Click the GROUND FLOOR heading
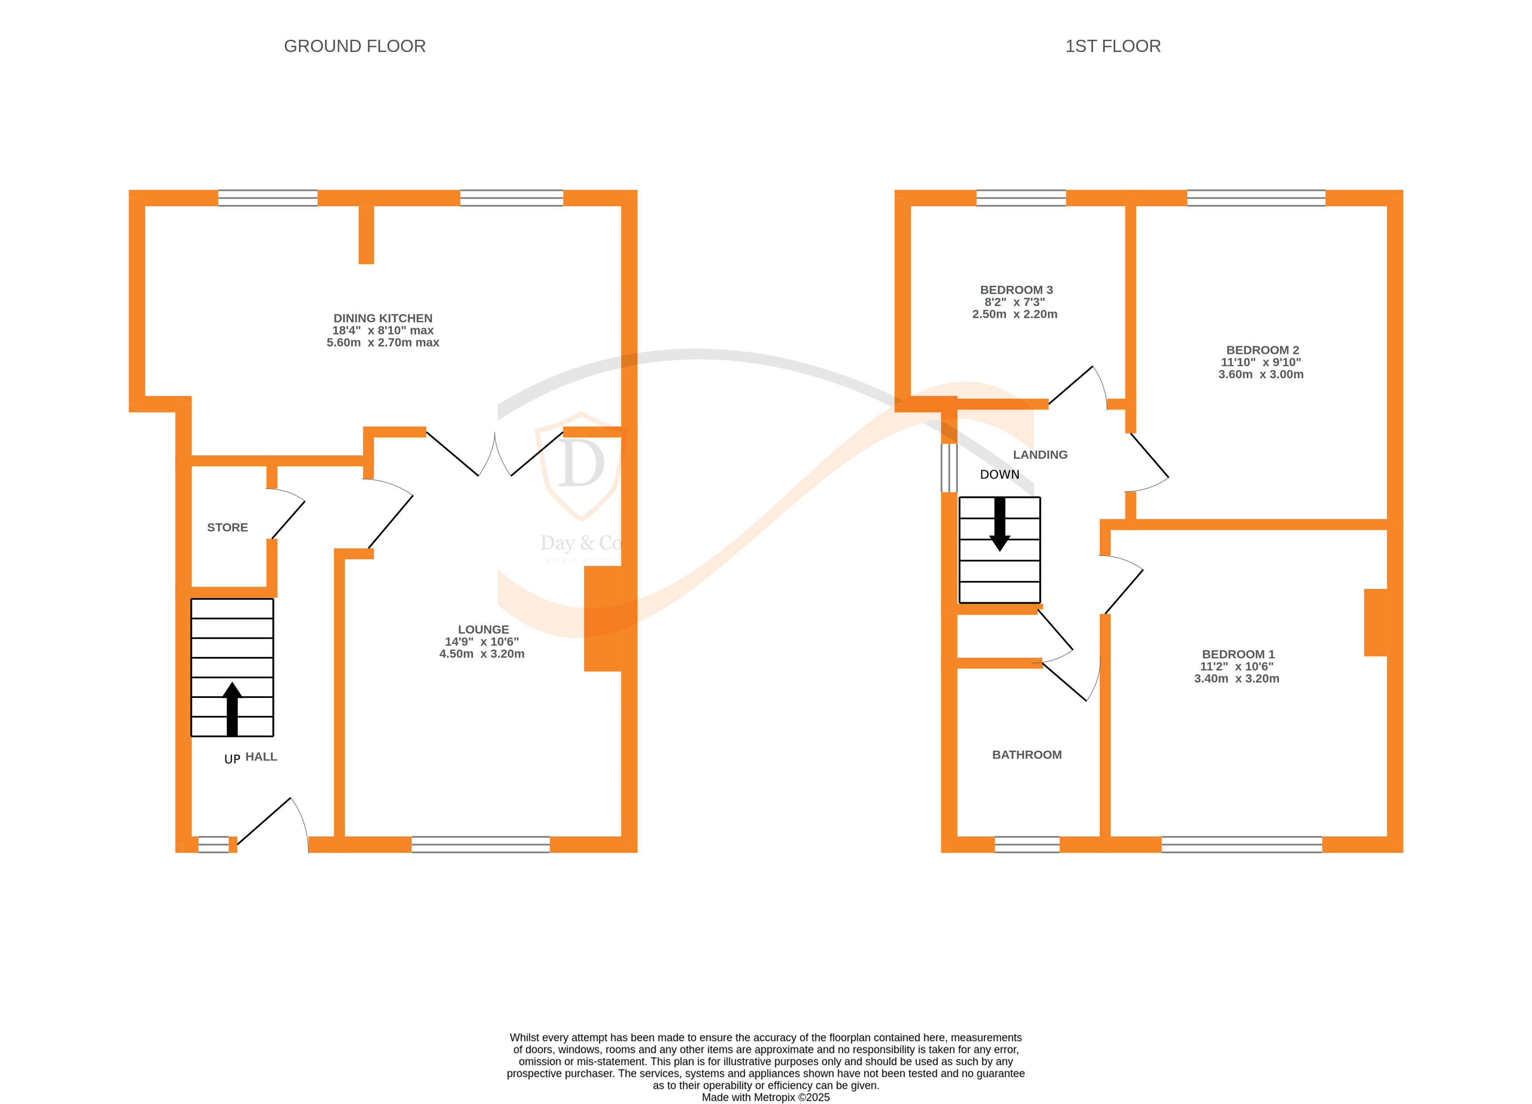coord(355,46)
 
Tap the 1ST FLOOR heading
coord(1113,46)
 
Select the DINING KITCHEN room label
coord(383,318)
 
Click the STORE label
coord(228,528)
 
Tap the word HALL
coord(261,757)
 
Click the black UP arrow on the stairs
coord(232,709)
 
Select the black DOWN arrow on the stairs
coord(1000,524)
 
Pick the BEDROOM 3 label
coord(1017,290)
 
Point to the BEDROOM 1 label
coord(1238,654)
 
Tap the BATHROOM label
coord(1027,755)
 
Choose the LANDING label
coord(1040,455)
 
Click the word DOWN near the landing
coord(1000,474)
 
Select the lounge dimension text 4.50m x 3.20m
coord(482,654)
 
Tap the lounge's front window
coord(480,844)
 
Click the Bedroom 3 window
coord(1021,198)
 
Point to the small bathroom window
coord(1027,844)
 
